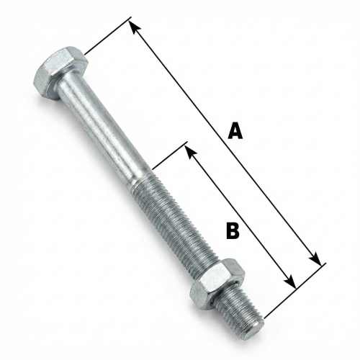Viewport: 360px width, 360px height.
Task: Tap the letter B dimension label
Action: [232, 230]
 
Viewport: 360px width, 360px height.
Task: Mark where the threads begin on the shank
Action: [142, 177]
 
